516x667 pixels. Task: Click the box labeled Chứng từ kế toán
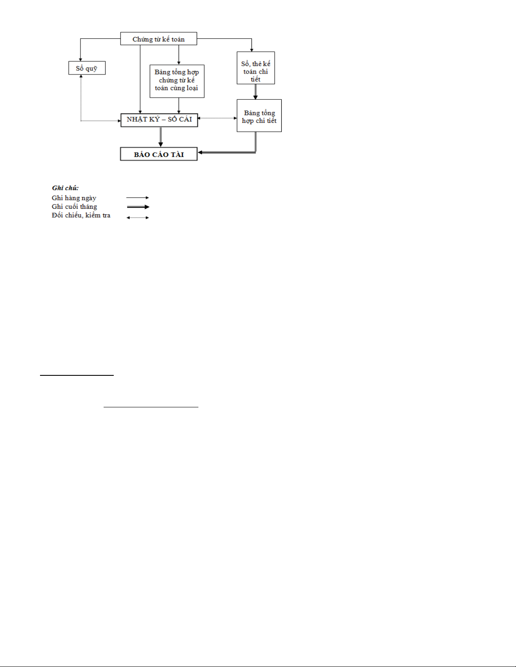tap(158, 39)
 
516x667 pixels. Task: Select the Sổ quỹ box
tap(87, 68)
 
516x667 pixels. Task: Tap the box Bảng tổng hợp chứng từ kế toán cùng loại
tap(177, 81)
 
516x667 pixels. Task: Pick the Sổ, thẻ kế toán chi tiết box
tap(256, 68)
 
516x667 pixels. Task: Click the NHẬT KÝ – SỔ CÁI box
tap(159, 120)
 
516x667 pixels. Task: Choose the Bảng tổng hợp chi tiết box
tap(259, 116)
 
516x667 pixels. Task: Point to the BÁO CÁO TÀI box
tap(158, 154)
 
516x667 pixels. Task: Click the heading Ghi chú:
tap(65, 188)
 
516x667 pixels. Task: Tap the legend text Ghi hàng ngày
tap(74, 198)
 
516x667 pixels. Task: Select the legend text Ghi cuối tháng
tap(74, 207)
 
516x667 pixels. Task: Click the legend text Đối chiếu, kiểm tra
tap(81, 215)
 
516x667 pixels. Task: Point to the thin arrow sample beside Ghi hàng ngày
tap(138, 198)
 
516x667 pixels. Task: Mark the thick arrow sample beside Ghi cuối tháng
tap(138, 207)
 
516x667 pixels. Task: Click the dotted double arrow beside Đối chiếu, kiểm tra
tap(138, 218)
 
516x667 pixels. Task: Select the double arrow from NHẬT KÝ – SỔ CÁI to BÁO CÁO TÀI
tap(160, 137)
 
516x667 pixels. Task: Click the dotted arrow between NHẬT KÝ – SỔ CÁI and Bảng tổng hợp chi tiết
tap(217, 118)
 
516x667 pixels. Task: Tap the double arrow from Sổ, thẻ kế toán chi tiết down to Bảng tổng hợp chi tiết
tap(255, 92)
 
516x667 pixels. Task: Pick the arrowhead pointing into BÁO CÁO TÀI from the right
tap(200, 152)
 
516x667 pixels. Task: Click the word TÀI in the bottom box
tap(177, 154)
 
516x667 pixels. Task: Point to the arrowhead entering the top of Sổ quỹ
tap(80, 60)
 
